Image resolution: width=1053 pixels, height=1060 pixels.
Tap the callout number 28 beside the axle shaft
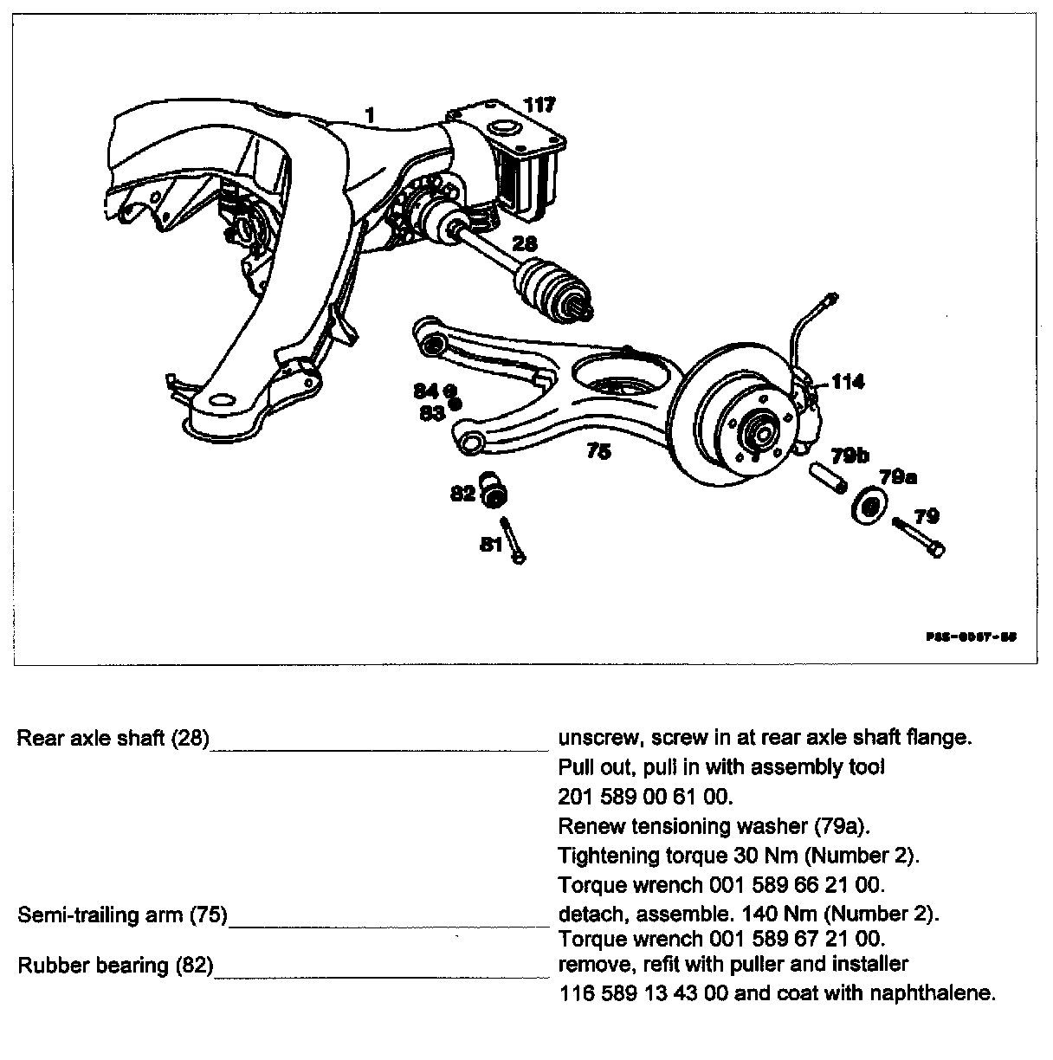[525, 245]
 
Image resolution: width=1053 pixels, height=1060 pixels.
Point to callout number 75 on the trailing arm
[598, 451]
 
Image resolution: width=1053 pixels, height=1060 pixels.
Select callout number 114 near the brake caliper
[847, 381]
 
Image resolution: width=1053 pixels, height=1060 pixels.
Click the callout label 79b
[850, 456]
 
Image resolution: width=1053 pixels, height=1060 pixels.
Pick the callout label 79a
[898, 477]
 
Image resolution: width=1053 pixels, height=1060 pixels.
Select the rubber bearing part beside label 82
[495, 492]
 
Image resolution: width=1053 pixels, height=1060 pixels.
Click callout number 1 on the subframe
[370, 114]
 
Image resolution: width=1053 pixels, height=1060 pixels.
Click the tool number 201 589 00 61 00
[645, 796]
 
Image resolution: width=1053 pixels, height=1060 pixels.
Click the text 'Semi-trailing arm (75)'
[122, 915]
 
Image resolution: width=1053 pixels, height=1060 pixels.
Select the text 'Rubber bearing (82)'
[115, 965]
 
